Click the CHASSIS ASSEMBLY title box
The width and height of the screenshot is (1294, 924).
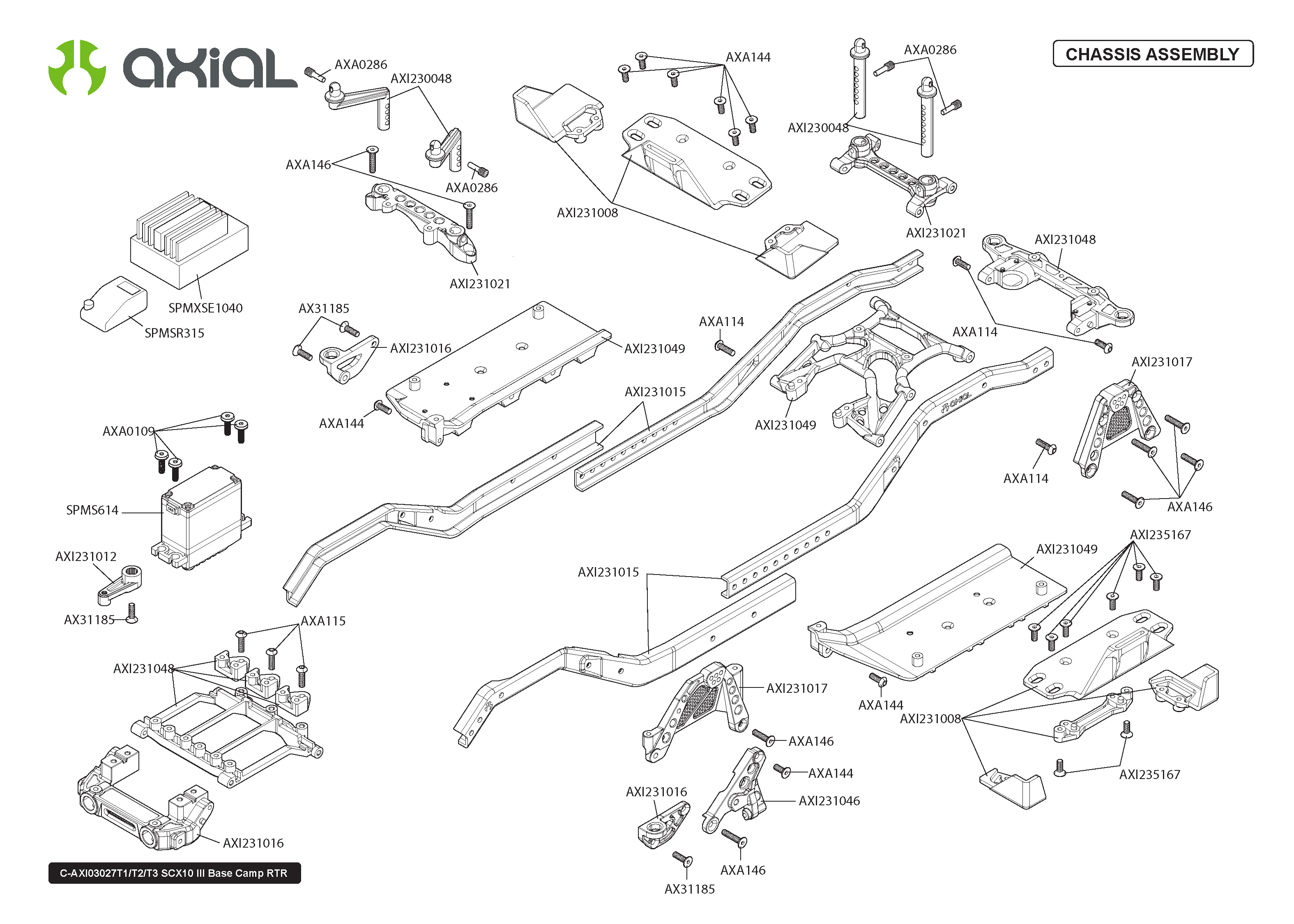click(x=1152, y=54)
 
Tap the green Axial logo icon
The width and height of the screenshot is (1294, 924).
click(x=77, y=67)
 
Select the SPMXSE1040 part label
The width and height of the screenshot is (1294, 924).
click(x=205, y=308)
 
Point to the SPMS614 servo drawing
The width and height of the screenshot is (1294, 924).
click(x=202, y=518)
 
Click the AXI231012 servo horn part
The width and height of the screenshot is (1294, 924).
click(x=121, y=585)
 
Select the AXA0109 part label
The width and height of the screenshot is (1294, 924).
click(x=128, y=431)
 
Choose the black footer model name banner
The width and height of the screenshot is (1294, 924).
click(x=174, y=873)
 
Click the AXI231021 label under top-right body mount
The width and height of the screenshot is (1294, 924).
click(x=935, y=233)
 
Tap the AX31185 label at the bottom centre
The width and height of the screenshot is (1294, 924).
click(x=689, y=889)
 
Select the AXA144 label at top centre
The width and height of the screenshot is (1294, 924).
click(x=748, y=57)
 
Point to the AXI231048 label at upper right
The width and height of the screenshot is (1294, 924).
click(x=1065, y=239)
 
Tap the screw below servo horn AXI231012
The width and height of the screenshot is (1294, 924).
click(x=131, y=614)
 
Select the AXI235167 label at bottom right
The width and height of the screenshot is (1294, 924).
click(x=1149, y=775)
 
